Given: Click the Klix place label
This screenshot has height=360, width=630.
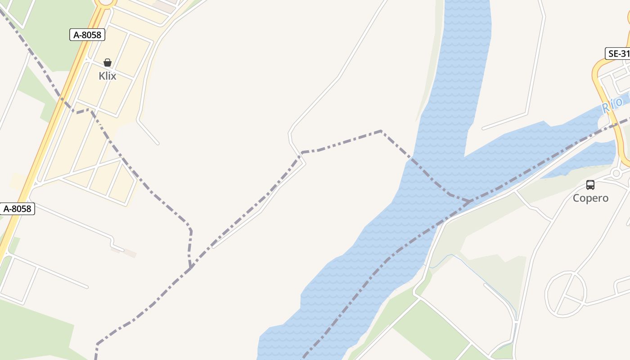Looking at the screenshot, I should tap(108, 76).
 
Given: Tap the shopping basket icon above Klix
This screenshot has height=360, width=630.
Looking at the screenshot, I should tap(108, 63).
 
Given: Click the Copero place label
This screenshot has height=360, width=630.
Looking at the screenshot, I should tap(590, 198).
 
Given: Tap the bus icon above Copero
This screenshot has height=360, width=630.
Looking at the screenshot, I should tap(590, 184).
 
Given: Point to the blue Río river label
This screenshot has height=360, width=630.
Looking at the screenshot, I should tap(612, 105).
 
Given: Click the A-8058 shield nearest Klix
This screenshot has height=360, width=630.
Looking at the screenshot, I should tap(87, 35).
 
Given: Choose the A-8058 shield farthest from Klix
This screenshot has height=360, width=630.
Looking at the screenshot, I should tap(18, 209).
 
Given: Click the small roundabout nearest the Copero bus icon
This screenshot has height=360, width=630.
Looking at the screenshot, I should tap(616, 173).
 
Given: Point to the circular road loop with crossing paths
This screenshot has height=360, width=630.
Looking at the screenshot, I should tap(566, 293).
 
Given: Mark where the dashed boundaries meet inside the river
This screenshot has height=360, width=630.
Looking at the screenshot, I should tap(470, 201).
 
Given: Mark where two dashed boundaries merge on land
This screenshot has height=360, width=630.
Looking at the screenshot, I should tap(191, 268).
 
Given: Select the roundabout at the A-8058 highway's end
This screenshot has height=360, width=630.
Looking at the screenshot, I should tap(106, 2).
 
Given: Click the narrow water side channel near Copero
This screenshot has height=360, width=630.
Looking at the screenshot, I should tap(580, 162).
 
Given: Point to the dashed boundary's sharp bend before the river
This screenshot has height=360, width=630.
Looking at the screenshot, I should tap(381, 131).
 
